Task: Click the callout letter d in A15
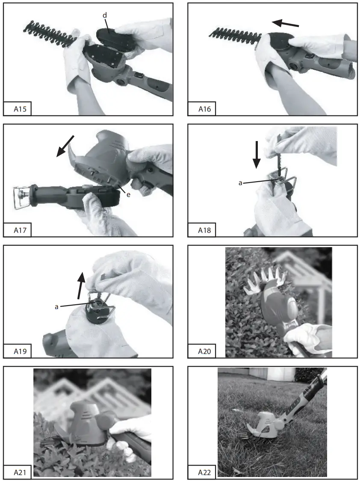[104, 15]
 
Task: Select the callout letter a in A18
[240, 182]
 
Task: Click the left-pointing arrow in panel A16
[285, 23]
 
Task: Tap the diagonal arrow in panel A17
[65, 146]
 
